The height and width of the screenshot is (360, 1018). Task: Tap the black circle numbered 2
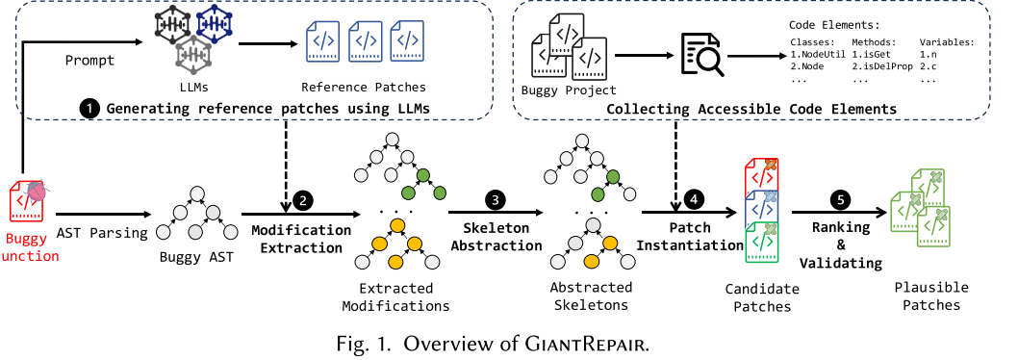pyautogui.click(x=303, y=201)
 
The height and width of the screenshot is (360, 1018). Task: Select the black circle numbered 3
pyautogui.click(x=496, y=201)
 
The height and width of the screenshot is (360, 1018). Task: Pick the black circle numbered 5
pyautogui.click(x=840, y=201)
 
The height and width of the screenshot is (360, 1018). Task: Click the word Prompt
pyautogui.click(x=89, y=60)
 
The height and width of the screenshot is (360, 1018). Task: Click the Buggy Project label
pyautogui.click(x=569, y=90)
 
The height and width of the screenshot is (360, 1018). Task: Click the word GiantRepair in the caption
pyautogui.click(x=594, y=341)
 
